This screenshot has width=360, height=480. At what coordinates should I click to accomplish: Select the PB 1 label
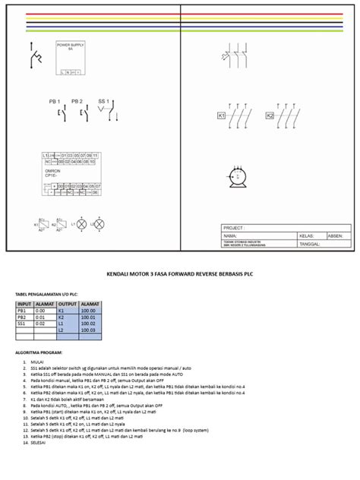tap(54, 101)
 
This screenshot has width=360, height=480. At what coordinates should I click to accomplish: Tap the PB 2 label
tap(76, 101)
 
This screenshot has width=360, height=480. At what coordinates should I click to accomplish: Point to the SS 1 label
tap(103, 101)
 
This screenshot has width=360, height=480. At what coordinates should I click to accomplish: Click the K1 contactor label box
tap(222, 116)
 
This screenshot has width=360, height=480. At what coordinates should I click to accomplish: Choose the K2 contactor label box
tap(269, 116)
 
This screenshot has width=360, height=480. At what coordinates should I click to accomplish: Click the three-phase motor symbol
tap(239, 176)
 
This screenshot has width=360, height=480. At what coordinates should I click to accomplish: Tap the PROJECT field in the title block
tap(236, 228)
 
